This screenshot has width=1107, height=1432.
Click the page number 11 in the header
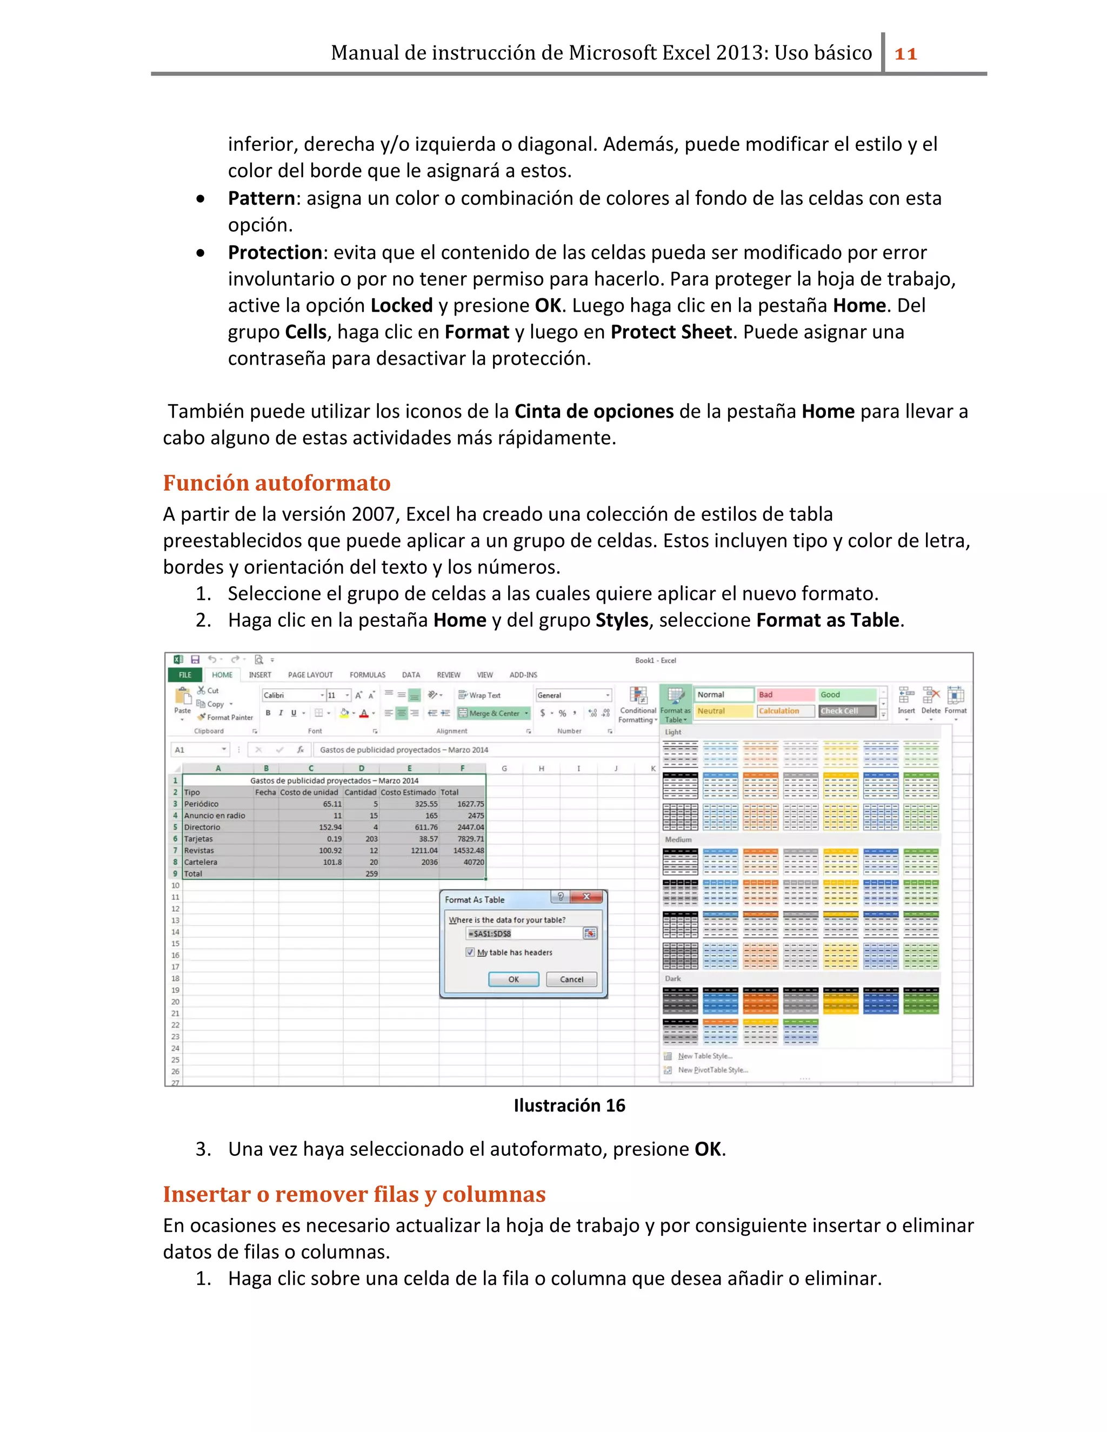click(x=906, y=53)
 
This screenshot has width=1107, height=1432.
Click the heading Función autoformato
click(x=276, y=483)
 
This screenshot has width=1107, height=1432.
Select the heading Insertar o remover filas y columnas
click(x=354, y=1195)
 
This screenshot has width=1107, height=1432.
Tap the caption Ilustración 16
click(x=569, y=1106)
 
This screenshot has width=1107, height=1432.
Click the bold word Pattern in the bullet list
click(x=261, y=198)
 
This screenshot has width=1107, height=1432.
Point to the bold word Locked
click(x=402, y=305)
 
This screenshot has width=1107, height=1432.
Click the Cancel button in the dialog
click(x=571, y=980)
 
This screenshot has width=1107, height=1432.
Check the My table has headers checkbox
click(x=470, y=952)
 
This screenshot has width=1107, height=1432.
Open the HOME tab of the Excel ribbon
click(x=222, y=675)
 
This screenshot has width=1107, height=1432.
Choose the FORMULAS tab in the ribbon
click(x=367, y=675)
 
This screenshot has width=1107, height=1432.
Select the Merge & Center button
click(x=493, y=713)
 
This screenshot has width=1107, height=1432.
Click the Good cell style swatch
click(x=846, y=694)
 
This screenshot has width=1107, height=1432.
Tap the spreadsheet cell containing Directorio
click(x=216, y=827)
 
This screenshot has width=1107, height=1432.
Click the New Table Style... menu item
click(x=704, y=1056)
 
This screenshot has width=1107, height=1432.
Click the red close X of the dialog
click(x=586, y=897)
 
